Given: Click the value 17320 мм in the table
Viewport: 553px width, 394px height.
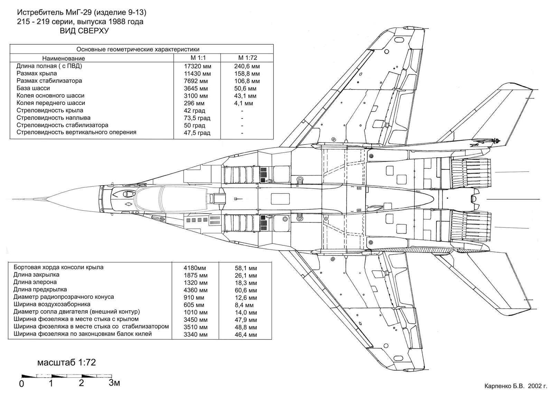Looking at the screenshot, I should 197,66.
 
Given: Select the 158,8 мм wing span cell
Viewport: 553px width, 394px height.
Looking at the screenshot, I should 246,74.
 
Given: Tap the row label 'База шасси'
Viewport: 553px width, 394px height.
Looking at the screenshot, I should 33,88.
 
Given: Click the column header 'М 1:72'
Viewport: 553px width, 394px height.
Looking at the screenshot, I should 247,58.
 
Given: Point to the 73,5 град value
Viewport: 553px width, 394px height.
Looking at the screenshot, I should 197,118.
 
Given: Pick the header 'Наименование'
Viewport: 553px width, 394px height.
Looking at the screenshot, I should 64,58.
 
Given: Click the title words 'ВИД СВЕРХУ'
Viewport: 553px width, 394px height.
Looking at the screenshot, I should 84,31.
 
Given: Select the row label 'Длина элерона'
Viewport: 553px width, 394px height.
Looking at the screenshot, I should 35,282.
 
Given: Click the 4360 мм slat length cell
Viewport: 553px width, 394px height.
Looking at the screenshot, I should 196,290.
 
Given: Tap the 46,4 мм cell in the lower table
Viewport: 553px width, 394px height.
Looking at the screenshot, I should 246,335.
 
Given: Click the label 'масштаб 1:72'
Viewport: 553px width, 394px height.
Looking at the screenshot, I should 66,363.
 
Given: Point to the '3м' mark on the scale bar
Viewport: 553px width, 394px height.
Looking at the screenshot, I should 114,383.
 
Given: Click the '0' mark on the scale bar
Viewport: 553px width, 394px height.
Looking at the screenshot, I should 21,384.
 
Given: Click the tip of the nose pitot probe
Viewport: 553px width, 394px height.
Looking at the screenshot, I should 14,199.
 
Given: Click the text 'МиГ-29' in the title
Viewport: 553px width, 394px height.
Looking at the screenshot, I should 79,13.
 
